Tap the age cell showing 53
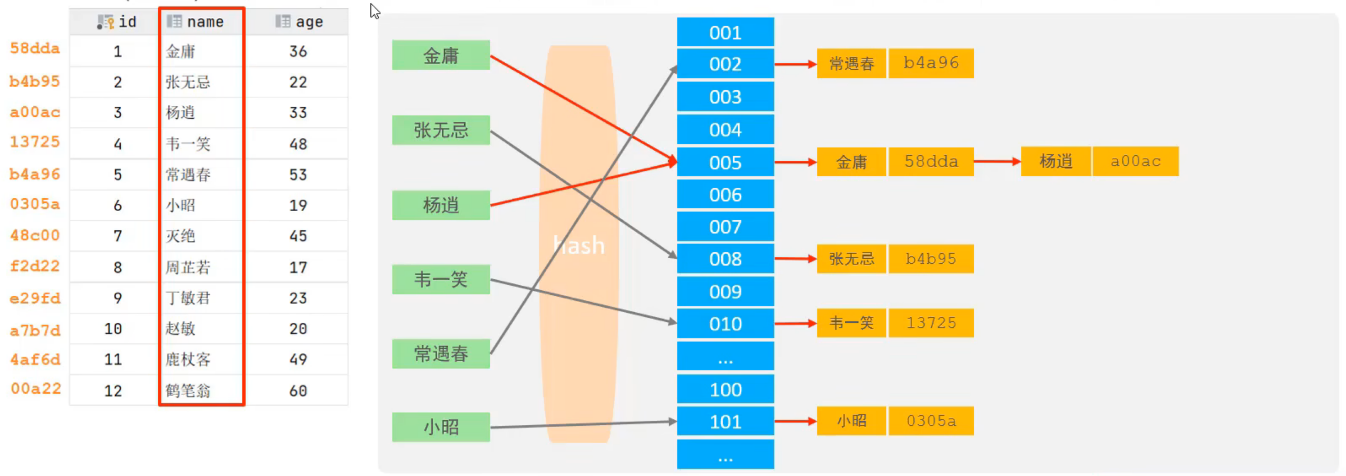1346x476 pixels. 298,174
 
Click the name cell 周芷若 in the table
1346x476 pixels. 188,267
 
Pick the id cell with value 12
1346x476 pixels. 113,390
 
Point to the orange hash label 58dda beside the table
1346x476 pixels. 35,48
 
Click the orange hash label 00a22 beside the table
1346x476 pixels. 35,388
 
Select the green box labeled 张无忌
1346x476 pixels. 441,131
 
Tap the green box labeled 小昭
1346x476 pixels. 441,427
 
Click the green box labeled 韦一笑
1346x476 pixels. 441,280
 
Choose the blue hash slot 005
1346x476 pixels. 725,163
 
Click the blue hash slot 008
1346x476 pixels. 725,259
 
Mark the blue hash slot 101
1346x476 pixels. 725,422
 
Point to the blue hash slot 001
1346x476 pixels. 725,33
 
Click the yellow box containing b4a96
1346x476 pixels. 931,63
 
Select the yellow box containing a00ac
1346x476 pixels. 1135,161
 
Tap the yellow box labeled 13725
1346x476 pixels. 931,323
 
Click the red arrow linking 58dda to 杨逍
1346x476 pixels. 997,161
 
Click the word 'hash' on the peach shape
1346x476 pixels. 579,245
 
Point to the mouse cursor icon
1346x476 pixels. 375,11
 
